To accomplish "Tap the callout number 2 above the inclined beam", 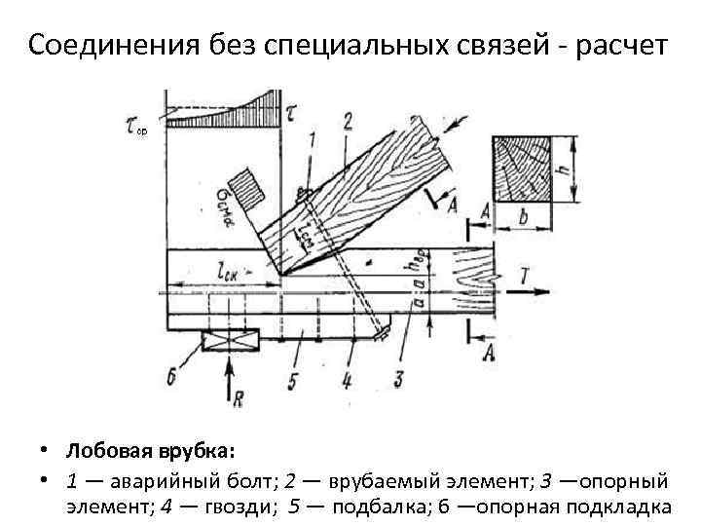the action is (347, 121).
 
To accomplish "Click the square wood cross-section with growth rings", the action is (523, 168).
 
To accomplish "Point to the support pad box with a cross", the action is (230, 340).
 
